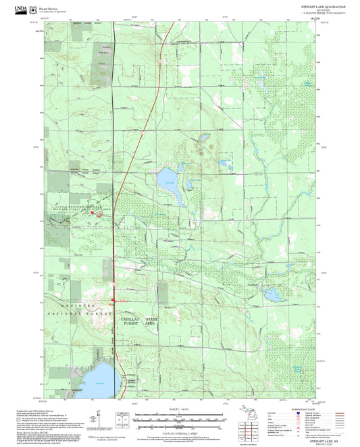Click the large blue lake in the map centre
point(167,180)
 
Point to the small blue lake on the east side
point(272,295)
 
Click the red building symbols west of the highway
point(95,214)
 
